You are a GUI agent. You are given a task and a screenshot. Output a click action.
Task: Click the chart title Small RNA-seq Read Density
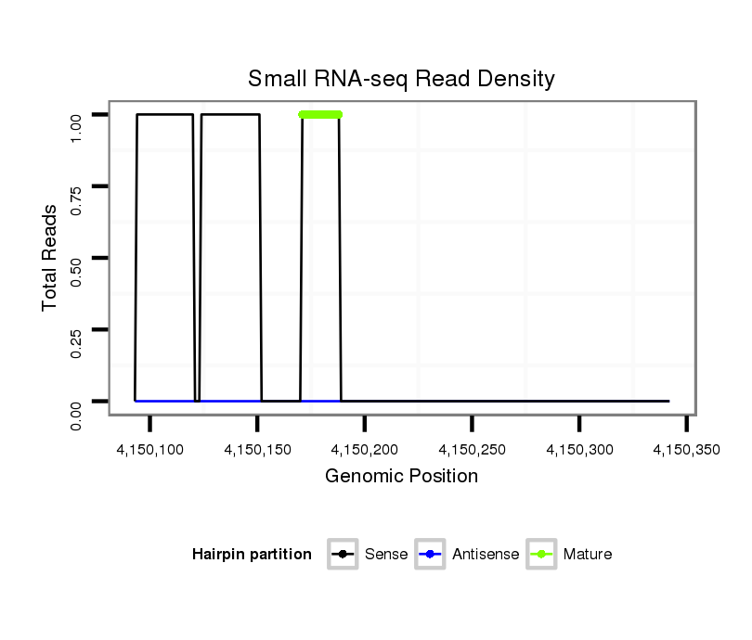click(x=401, y=79)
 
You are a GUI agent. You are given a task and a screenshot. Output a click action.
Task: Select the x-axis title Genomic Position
click(x=401, y=477)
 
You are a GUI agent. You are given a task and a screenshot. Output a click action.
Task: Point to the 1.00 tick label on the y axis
click(x=78, y=115)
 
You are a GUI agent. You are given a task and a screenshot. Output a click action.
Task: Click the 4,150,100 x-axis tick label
click(x=149, y=450)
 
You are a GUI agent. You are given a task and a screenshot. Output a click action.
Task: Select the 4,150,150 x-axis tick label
click(x=257, y=450)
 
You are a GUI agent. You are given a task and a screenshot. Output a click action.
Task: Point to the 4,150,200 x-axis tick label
click(x=365, y=450)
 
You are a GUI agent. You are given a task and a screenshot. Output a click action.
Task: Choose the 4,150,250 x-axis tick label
click(x=473, y=450)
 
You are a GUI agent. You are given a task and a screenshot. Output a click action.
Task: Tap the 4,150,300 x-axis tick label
click(x=579, y=450)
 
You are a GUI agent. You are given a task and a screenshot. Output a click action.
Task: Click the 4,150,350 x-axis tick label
click(x=686, y=450)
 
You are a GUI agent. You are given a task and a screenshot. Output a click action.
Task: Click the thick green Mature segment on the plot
click(x=320, y=114)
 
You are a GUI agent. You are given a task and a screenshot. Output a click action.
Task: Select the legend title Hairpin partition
click(x=252, y=555)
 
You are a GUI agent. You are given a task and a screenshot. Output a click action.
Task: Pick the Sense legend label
click(x=386, y=555)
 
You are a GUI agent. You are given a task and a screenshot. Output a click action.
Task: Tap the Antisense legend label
click(x=486, y=555)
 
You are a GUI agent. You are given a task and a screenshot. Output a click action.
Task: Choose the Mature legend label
click(x=587, y=555)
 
